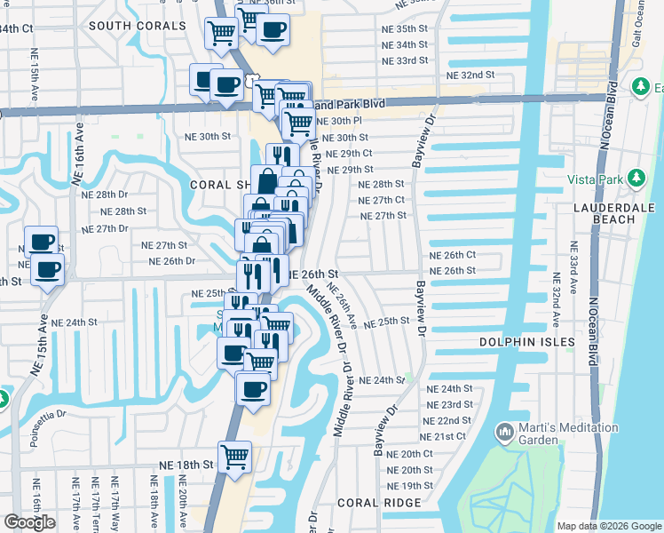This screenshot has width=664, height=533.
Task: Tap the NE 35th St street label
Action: (x=404, y=28)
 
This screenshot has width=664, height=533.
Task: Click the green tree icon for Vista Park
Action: (x=636, y=179)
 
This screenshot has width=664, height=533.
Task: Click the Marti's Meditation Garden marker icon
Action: (x=504, y=433)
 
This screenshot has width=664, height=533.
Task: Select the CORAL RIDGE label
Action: (x=377, y=502)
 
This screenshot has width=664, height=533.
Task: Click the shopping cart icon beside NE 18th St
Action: (x=235, y=457)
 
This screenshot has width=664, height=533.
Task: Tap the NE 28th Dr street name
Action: (x=104, y=194)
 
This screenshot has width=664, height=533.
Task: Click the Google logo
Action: (x=29, y=522)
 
